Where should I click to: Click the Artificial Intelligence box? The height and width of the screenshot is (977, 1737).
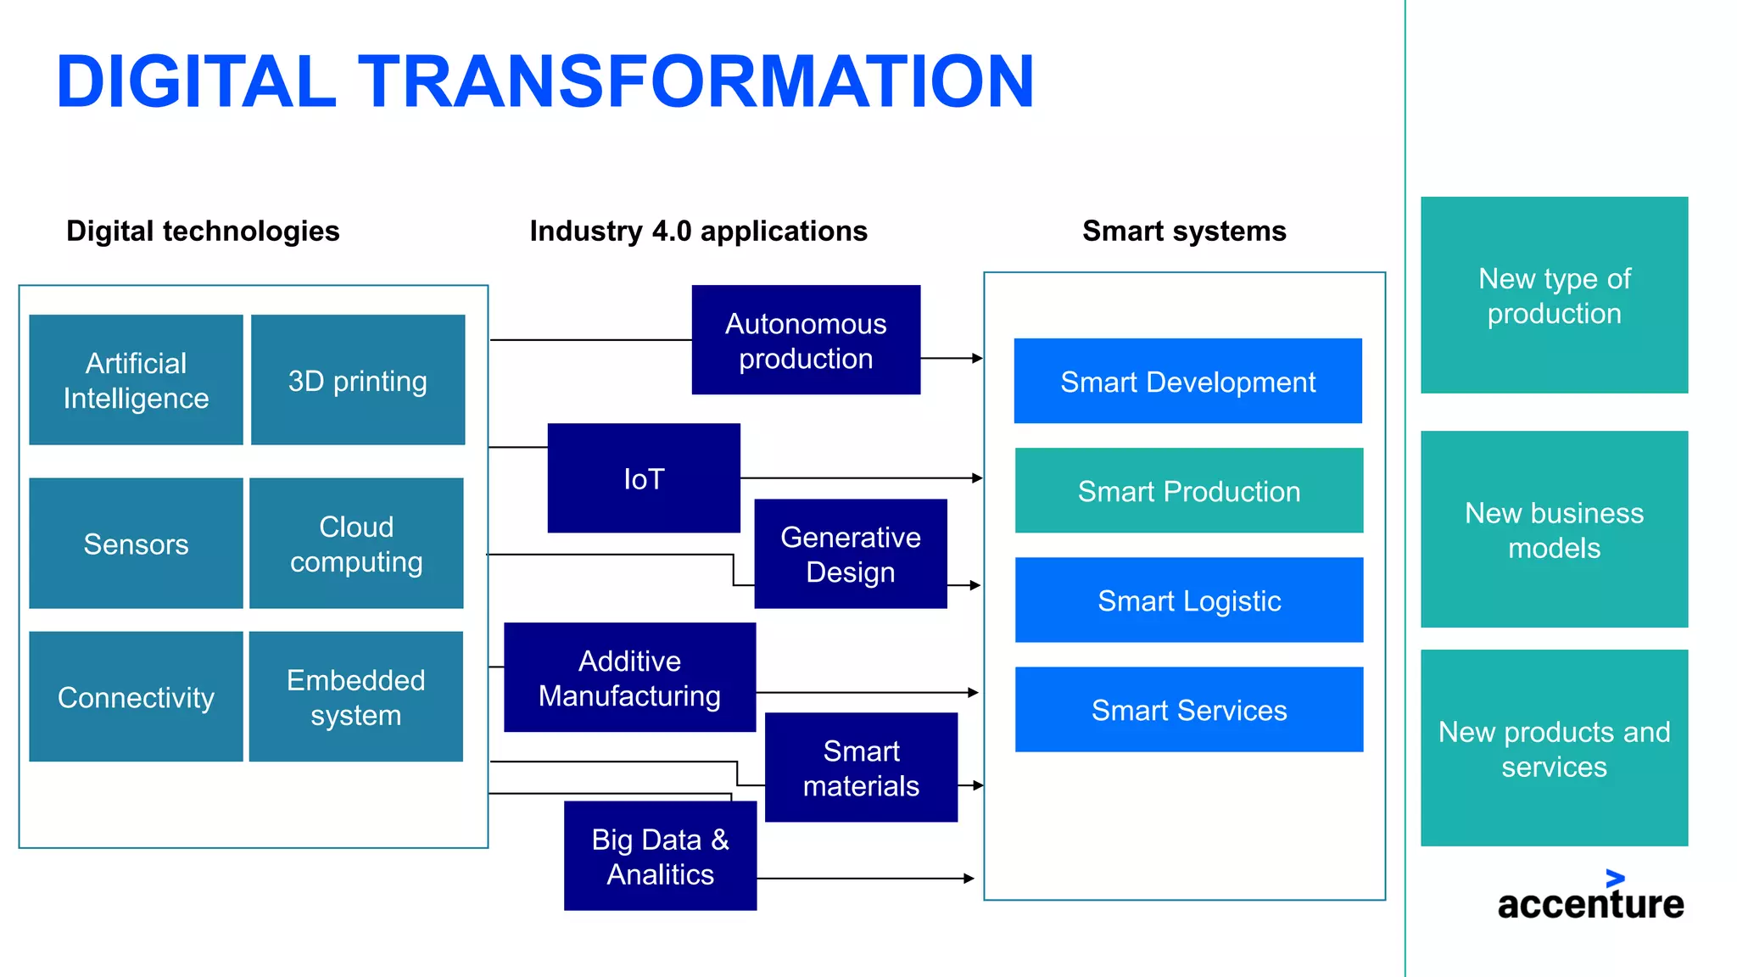click(x=136, y=380)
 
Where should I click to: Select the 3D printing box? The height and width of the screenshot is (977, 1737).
click(x=357, y=380)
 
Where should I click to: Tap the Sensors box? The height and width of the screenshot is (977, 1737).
click(x=136, y=543)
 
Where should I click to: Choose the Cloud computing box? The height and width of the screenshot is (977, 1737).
click(x=356, y=543)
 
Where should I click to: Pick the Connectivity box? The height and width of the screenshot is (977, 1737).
click(x=136, y=696)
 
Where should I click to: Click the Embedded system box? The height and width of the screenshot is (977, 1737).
click(x=356, y=696)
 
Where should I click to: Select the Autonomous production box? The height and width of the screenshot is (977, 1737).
click(x=806, y=340)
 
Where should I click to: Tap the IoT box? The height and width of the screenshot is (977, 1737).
click(x=644, y=478)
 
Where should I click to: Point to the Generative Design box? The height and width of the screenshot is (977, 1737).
click(x=851, y=554)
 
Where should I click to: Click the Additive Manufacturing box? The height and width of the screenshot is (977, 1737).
click(x=629, y=678)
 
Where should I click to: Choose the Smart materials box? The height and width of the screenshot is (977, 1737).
click(x=861, y=768)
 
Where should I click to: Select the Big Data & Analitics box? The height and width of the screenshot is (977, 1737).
click(x=660, y=856)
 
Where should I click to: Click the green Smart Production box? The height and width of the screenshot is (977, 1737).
click(x=1189, y=491)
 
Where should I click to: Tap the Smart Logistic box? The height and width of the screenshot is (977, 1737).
click(x=1189, y=600)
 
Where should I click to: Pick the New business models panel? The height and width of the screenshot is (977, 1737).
click(x=1554, y=529)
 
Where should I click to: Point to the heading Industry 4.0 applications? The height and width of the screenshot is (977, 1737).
click(x=698, y=231)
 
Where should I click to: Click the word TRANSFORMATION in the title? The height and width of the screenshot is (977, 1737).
click(x=695, y=81)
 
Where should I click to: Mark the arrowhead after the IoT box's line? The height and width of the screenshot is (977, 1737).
click(x=978, y=478)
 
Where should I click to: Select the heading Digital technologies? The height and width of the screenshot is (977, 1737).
click(x=203, y=231)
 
